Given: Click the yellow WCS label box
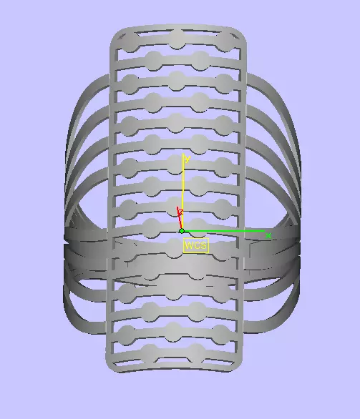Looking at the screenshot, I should click(195, 246).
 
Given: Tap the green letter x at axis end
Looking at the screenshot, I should click(268, 235).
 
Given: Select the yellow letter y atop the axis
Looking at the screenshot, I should click(187, 159).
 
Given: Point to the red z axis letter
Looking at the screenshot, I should click(180, 212).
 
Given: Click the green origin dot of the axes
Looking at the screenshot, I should click(182, 231).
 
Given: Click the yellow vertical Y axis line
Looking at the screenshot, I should click(183, 193).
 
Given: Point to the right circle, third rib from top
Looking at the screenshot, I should click(223, 80).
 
